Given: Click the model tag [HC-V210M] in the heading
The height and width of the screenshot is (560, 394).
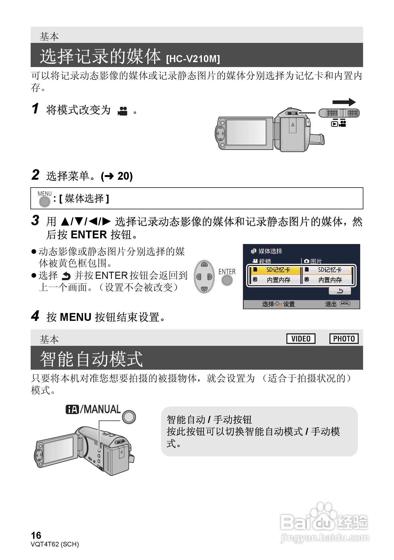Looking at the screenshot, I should [x=193, y=59].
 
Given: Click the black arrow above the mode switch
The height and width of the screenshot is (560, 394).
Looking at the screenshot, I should [x=344, y=102].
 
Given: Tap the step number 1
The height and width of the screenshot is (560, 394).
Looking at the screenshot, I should [x=35, y=109].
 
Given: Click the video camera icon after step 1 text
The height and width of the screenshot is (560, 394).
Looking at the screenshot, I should [x=122, y=111].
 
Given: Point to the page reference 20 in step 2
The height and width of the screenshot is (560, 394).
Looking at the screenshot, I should [x=125, y=176].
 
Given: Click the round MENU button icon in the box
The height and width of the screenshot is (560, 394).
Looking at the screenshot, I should [x=45, y=201].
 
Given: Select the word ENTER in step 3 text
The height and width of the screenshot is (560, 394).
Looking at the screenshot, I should [x=89, y=235].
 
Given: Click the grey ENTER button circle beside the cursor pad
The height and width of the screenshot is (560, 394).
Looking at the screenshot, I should [x=227, y=280].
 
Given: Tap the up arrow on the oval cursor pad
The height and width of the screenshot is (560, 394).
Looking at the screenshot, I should [x=204, y=264].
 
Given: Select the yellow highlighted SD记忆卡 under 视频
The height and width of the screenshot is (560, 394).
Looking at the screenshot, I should [x=275, y=270].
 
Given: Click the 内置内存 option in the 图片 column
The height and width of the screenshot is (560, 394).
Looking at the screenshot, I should [x=329, y=280].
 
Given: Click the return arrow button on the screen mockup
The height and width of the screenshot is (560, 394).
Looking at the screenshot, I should [x=339, y=291].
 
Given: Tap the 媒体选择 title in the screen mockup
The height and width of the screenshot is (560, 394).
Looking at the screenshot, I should [x=270, y=251].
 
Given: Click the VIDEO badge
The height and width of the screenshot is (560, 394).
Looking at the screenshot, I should [x=301, y=339].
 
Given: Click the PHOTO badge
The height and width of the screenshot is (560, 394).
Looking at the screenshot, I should [x=344, y=339].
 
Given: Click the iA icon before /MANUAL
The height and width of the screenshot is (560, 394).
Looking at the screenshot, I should [x=72, y=409].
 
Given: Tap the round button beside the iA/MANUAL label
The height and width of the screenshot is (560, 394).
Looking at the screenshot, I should [x=129, y=417].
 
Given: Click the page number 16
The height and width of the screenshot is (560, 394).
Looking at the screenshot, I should [x=36, y=535].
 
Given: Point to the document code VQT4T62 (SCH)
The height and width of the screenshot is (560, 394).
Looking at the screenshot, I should [x=55, y=544].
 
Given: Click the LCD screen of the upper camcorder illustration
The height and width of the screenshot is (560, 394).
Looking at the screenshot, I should [x=246, y=132].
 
